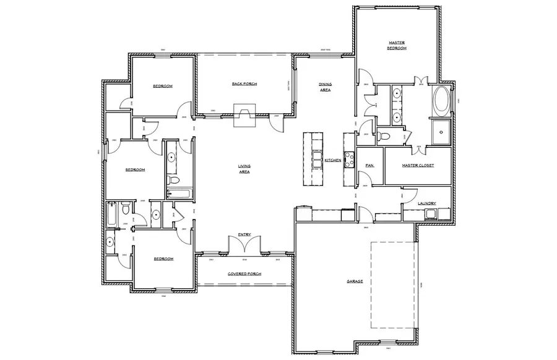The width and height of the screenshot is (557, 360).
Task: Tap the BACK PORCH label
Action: coord(244,84)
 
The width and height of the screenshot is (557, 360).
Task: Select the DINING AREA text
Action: coord(325,87)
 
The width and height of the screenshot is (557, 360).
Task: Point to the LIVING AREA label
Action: coord(244,169)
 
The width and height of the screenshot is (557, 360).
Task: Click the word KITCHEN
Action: coord(333,160)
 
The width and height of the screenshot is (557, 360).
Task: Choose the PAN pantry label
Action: coord(370,165)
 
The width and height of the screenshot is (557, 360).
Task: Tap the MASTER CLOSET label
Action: coord(418,165)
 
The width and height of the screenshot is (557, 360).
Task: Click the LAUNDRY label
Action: coord(427,204)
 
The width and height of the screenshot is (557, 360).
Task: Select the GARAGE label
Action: coord(355,281)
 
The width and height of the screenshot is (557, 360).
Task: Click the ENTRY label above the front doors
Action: coord(244,234)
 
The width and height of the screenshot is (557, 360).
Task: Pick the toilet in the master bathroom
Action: coord(384,135)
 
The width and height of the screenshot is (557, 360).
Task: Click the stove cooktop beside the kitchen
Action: coord(348,160)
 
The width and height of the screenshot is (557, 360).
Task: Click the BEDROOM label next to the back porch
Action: coord(163,86)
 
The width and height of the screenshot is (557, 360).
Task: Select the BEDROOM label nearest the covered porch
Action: coord(163,259)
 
